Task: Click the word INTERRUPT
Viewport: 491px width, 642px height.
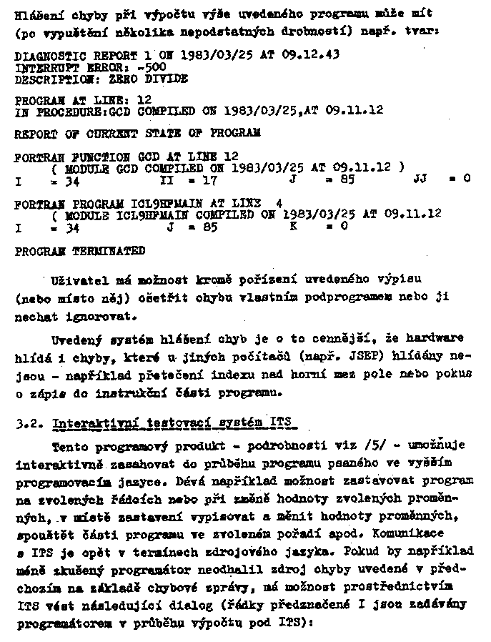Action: point(42,67)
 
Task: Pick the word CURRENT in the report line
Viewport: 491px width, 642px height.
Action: point(96,133)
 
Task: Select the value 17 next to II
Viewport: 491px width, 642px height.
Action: point(209,181)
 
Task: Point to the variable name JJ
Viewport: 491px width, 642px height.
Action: point(421,181)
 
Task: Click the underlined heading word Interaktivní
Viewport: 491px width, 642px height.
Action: point(89,423)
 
